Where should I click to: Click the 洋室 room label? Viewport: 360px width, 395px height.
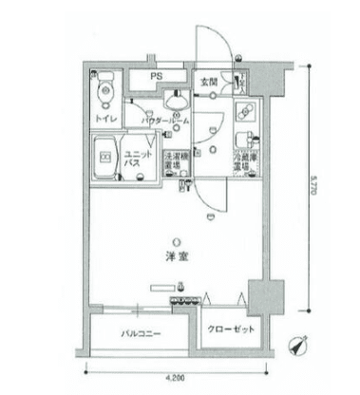[175, 256]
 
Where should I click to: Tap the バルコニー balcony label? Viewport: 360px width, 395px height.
[140, 333]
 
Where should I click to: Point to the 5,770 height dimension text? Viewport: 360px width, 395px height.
[314, 197]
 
